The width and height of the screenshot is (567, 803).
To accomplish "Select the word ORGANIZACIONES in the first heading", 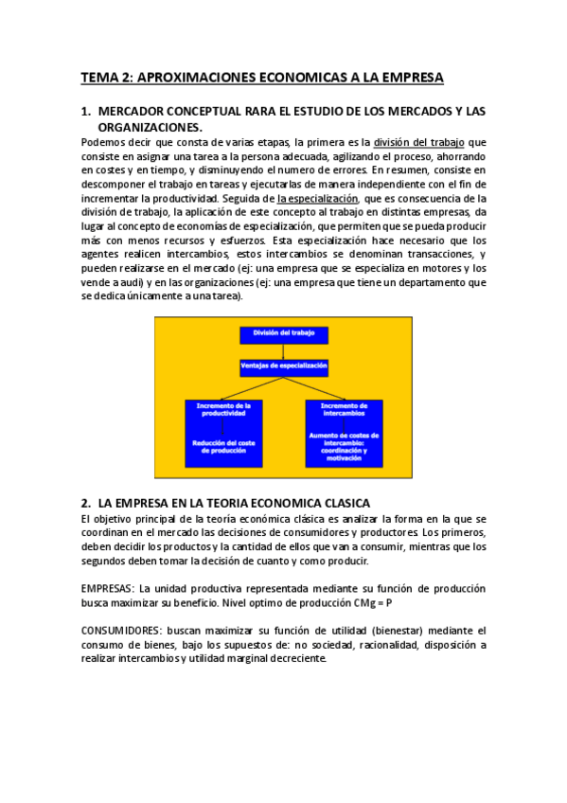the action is (x=150, y=126).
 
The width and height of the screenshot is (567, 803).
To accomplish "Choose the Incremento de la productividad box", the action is (x=223, y=410).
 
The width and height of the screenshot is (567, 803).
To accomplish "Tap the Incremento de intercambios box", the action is (x=346, y=410).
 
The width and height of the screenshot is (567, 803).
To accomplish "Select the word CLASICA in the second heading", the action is (x=344, y=503).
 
